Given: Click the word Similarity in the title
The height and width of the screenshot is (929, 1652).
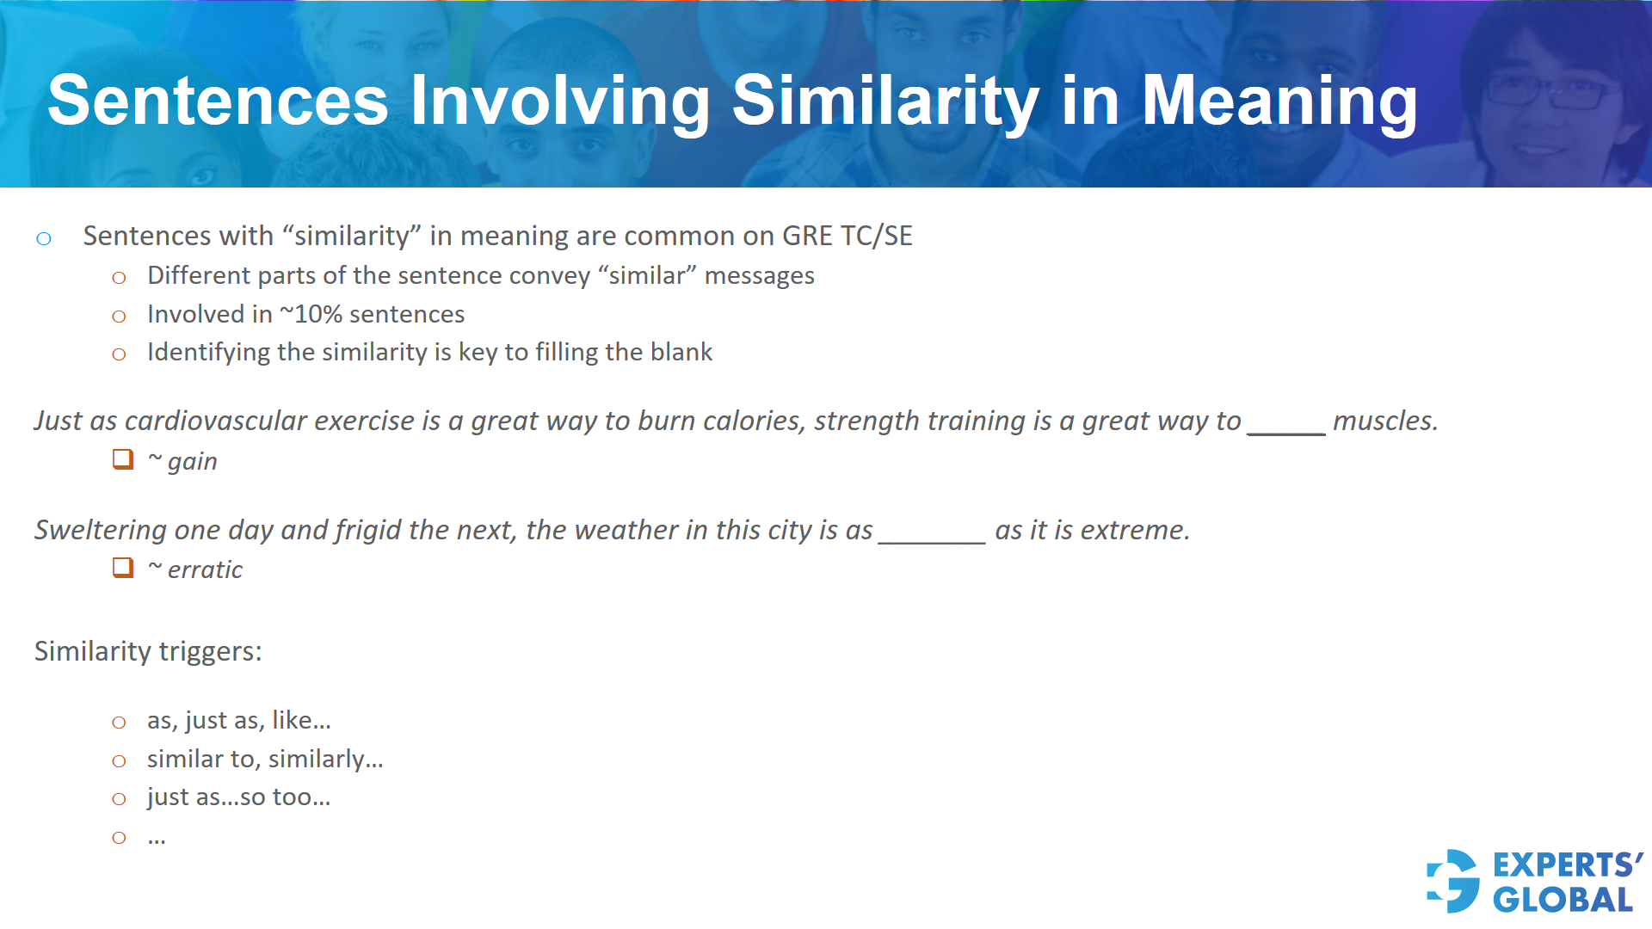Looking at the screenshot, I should click(885, 102).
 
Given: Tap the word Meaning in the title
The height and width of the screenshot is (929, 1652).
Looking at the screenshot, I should click(1279, 102).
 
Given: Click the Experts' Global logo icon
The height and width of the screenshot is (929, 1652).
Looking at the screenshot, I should click(1452, 882).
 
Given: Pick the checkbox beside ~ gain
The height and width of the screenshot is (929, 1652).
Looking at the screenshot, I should click(123, 459).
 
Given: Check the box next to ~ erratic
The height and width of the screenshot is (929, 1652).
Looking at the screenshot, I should click(123, 568).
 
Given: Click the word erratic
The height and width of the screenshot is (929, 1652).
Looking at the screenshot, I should click(205, 569).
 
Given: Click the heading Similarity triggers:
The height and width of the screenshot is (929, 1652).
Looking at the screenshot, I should click(148, 651).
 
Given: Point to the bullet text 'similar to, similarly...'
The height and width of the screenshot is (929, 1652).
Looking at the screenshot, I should click(265, 759).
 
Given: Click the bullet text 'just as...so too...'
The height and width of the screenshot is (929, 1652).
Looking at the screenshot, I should click(238, 797).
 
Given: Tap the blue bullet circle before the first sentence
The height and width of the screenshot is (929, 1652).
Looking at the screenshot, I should click(44, 238).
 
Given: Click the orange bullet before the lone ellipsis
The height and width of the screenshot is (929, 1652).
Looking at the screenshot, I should click(119, 838).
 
